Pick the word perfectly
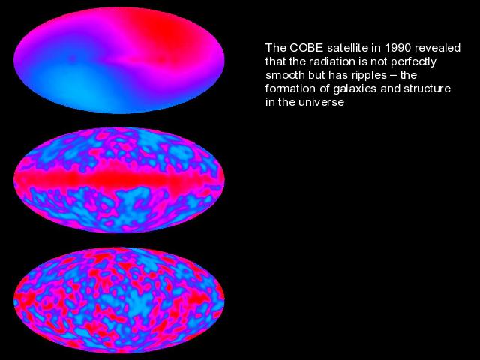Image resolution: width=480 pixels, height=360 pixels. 413,62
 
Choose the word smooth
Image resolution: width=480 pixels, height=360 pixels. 280,75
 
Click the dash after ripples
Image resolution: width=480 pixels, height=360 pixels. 394,75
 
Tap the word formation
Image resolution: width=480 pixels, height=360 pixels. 286,88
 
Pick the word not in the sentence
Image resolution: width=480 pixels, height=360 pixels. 379,61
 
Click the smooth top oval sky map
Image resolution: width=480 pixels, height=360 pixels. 119,61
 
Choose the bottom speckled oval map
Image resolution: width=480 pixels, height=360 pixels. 119,300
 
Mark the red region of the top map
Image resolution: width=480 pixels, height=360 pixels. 165,37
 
